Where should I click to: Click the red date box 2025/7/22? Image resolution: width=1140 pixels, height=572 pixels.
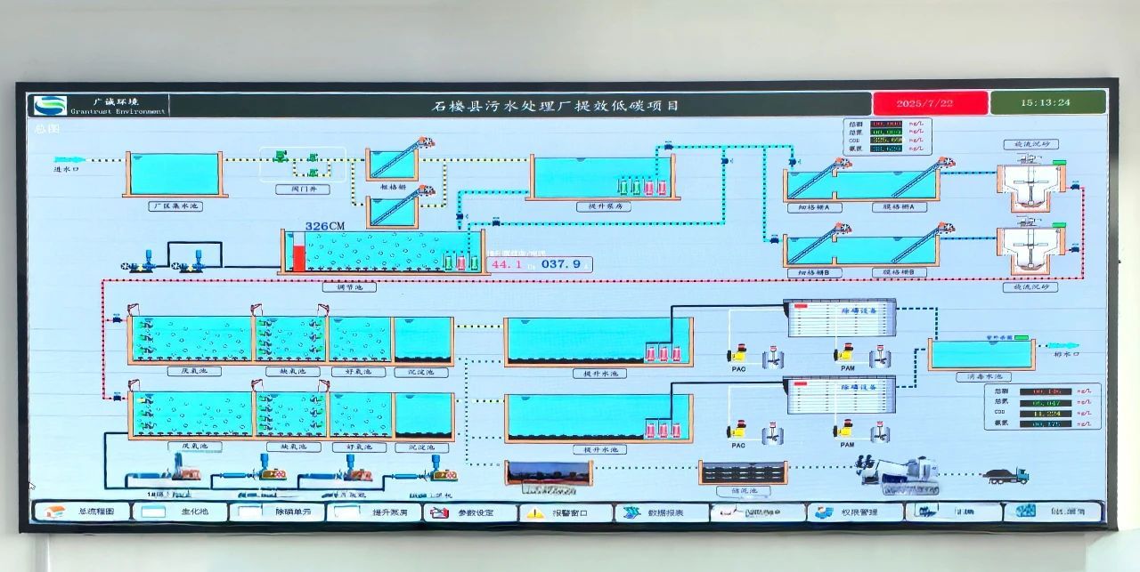[930, 103]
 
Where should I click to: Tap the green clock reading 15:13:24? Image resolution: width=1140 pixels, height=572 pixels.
[1047, 102]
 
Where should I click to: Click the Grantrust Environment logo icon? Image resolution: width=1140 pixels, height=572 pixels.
[50, 105]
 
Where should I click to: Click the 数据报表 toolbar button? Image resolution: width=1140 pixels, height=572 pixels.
[664, 512]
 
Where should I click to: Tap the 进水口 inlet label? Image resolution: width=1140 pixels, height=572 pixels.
[68, 168]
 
